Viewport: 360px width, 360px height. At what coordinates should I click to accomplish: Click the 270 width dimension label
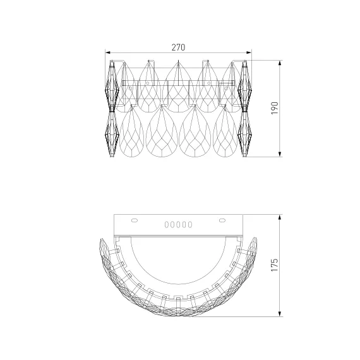click(178, 47)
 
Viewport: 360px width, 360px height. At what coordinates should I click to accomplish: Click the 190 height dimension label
click(275, 108)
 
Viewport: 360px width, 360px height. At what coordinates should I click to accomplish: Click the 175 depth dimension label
click(275, 265)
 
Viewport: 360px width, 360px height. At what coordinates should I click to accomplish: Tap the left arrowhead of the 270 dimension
click(108, 52)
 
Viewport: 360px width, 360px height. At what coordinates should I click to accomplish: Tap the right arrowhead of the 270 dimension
click(249, 52)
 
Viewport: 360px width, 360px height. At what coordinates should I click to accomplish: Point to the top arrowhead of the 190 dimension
click(280, 63)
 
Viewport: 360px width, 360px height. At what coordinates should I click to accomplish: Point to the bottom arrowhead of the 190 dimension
click(280, 154)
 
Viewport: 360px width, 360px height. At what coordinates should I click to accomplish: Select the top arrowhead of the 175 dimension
click(280, 217)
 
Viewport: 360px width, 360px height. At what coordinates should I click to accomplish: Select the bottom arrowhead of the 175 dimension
click(280, 314)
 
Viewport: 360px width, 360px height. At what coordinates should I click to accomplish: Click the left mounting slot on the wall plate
click(135, 220)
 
